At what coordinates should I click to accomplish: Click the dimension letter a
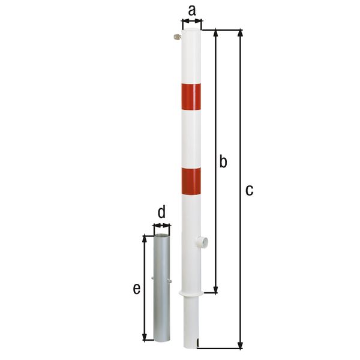tap(192, 11)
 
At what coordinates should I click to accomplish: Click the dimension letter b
tap(223, 161)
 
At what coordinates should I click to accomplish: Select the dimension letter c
tap(249, 190)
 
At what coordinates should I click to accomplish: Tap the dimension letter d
tap(161, 212)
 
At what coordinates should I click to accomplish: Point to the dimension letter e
tap(137, 289)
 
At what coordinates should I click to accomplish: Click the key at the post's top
tap(177, 37)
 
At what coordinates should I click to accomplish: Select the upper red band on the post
tap(191, 97)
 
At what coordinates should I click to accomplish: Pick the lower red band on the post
tap(191, 181)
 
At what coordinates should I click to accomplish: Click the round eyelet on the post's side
tap(202, 242)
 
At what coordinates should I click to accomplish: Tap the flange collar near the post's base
tap(191, 293)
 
